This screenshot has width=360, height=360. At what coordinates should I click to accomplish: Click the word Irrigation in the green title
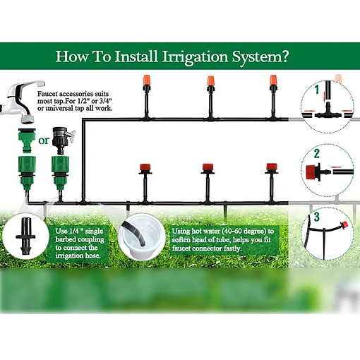click(196, 56)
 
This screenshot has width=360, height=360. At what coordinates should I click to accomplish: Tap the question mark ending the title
click(284, 56)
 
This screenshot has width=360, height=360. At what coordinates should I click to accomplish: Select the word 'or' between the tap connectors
click(44, 140)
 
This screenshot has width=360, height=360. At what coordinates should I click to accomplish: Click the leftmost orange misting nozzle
click(146, 80)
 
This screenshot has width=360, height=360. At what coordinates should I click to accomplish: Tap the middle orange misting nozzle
click(210, 81)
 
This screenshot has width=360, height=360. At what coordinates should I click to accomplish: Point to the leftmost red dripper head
click(145, 167)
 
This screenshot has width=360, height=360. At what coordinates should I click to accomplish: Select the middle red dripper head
click(208, 167)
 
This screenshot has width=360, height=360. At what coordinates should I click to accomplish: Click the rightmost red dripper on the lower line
click(272, 167)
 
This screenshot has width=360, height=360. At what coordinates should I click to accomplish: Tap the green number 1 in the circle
click(317, 90)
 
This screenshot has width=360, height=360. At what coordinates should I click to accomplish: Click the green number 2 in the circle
click(317, 154)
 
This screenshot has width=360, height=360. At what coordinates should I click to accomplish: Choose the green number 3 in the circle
click(317, 217)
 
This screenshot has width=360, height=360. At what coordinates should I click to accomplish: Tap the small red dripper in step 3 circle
click(344, 224)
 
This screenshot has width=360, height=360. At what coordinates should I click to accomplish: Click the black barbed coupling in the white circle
click(25, 236)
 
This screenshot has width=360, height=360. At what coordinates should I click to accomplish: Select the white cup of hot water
click(141, 236)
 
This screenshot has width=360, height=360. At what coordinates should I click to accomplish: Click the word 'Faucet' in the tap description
click(48, 94)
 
